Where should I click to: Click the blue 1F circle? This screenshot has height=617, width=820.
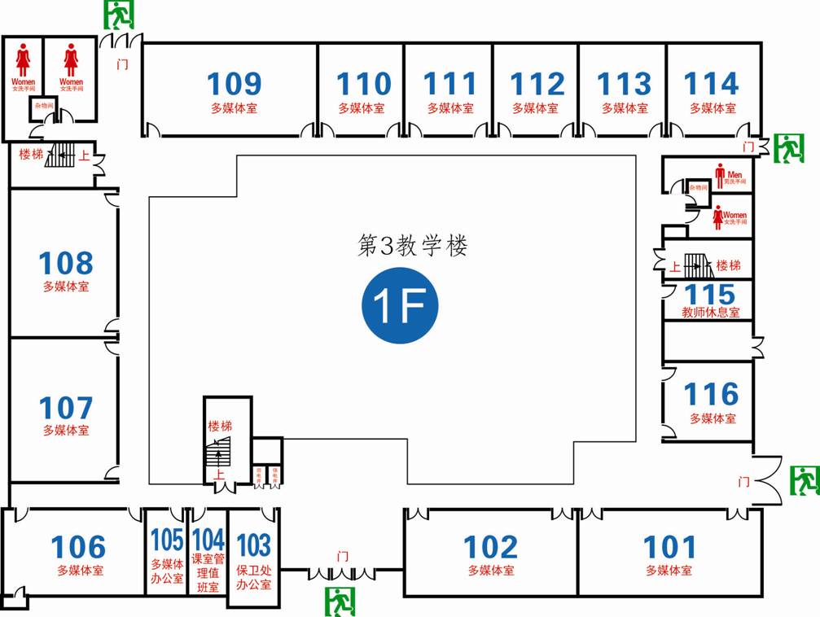coord(400,304)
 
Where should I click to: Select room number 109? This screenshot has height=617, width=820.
coord(234,85)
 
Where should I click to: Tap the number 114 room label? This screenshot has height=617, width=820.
coord(712,85)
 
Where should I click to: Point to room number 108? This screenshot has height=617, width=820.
coord(66,263)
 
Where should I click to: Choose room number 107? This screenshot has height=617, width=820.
coord(66,408)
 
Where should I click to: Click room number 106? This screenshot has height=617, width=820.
coord(79,547)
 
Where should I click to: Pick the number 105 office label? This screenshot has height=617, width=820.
coord(167,540)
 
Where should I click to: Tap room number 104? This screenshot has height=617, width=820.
coord(208,540)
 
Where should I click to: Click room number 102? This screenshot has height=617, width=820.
coord(490,547)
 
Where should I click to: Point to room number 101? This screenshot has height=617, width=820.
coord(670,547)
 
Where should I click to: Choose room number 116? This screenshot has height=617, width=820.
coord(711,395)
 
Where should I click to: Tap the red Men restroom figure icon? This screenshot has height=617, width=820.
coord(719,173)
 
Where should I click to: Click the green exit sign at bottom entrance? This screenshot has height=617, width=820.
coord(341,602)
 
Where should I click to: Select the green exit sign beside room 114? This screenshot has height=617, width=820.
coord(788,148)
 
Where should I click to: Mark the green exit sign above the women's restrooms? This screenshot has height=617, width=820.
coord(119,15)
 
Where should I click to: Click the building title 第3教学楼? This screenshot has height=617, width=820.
coord(413,246)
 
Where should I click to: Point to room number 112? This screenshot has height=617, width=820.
coord(537,85)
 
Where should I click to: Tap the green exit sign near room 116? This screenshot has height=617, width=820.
coord(805,480)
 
